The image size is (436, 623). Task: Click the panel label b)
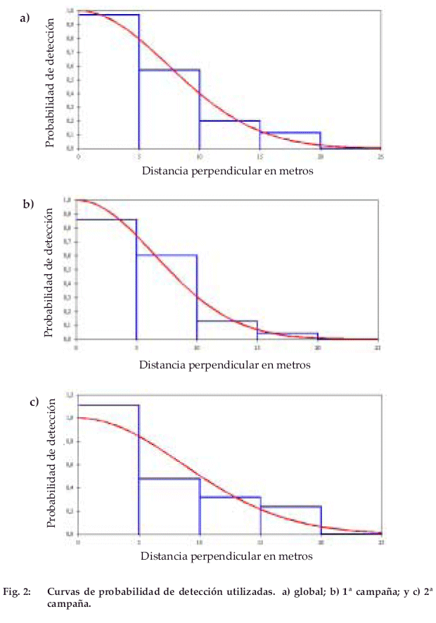coord(28,205)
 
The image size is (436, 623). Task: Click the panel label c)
coord(33,402)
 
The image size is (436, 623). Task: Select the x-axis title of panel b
coord(224,365)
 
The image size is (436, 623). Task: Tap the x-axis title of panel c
coord(226,555)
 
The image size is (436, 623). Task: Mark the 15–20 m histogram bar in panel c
coord(290,520)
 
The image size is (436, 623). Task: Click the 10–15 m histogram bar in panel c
coord(230,515)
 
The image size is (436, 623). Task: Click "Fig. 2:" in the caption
coord(20,593)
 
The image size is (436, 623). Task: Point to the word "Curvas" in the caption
coord(63,593)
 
